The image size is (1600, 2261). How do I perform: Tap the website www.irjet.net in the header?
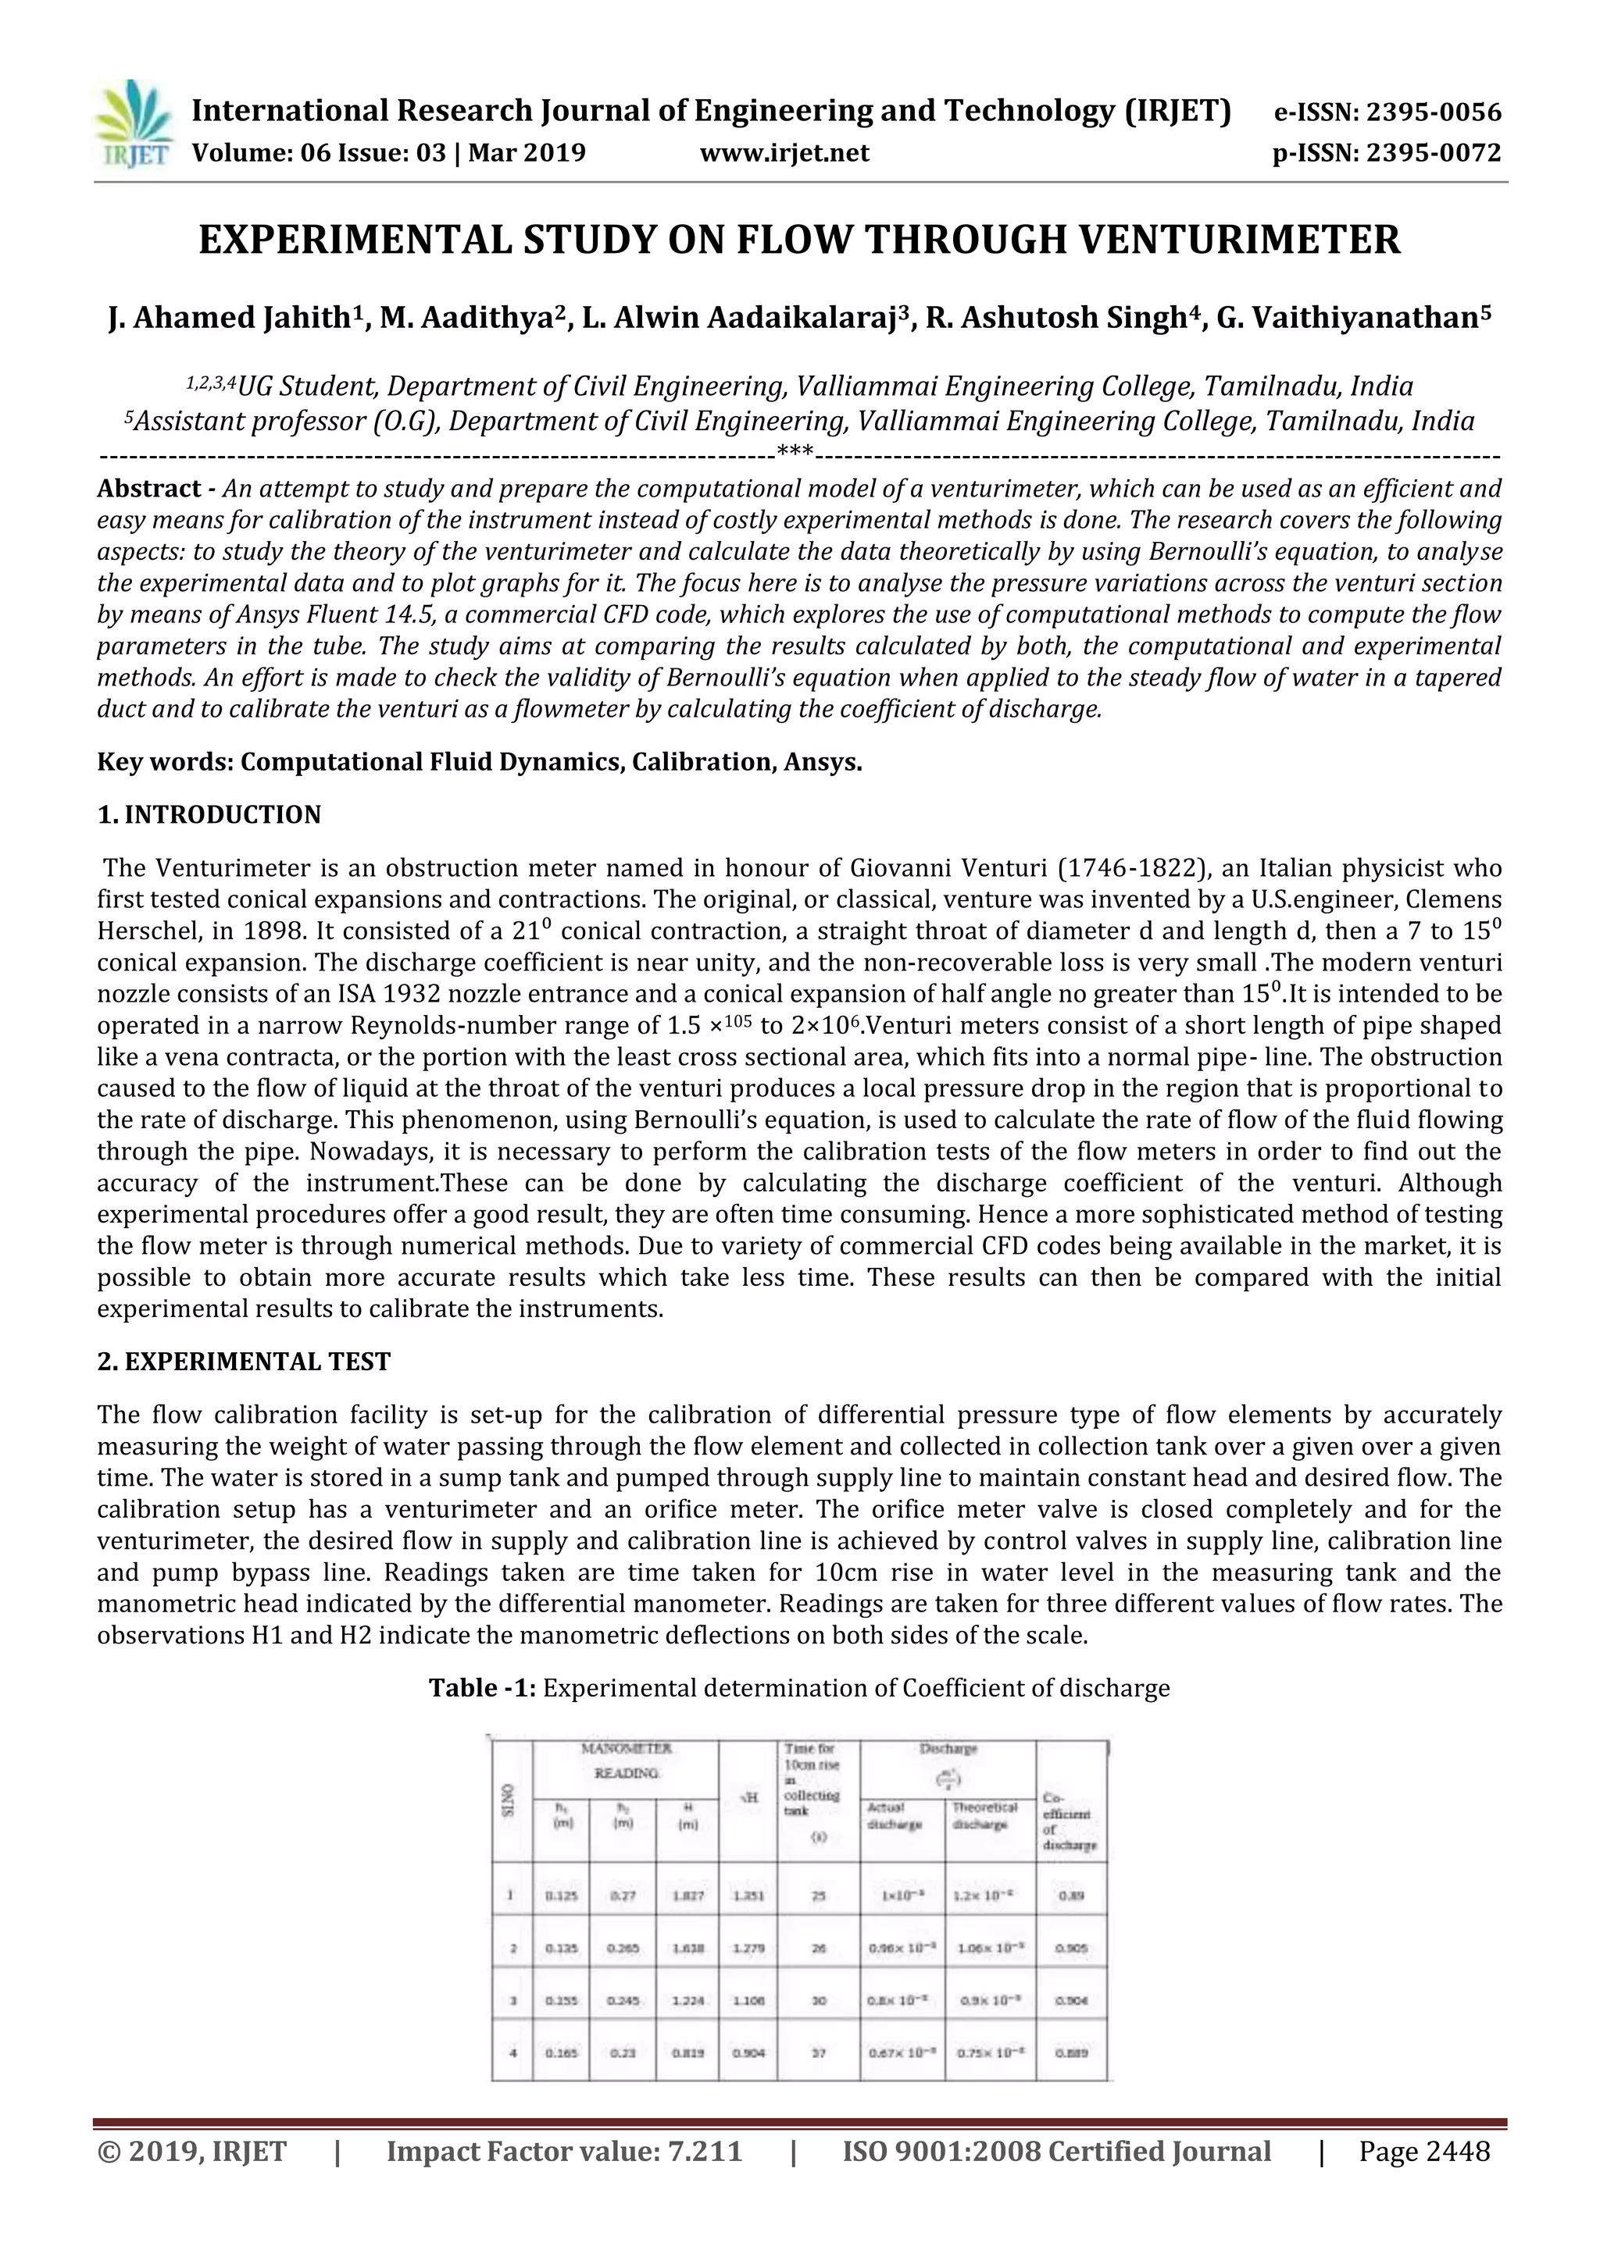click(784, 153)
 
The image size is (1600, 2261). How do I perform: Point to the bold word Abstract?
click(148, 490)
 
